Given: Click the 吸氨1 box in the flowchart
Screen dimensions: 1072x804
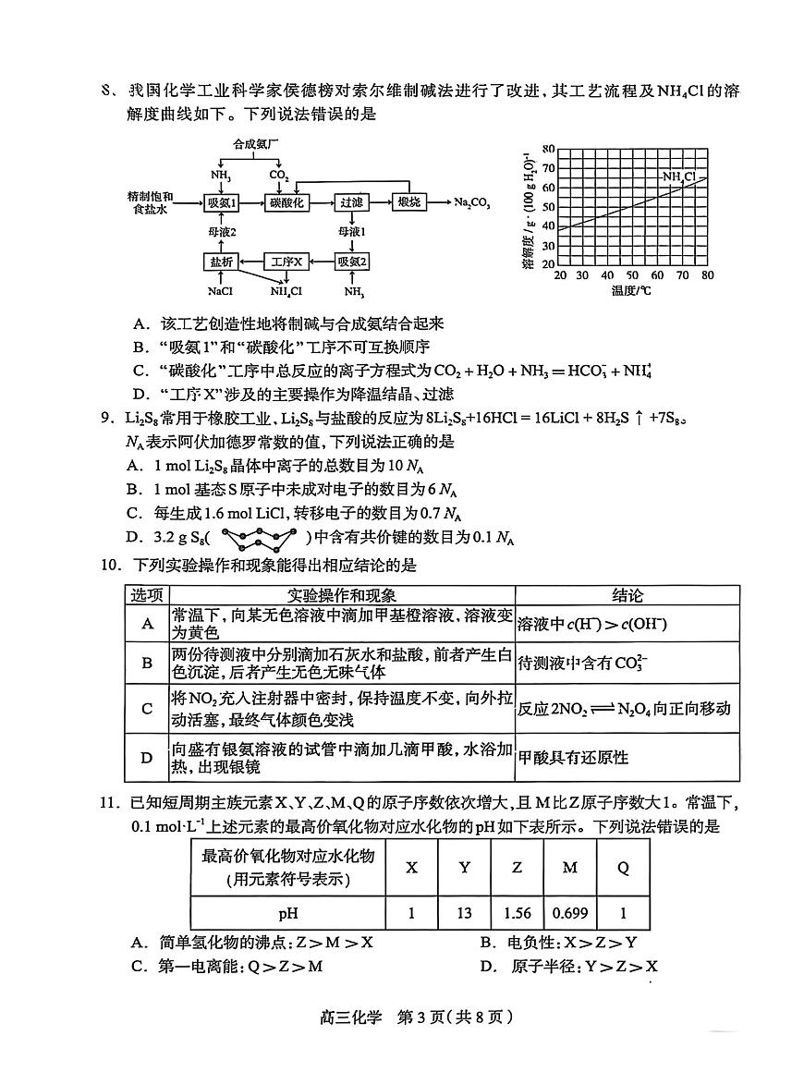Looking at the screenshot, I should click(x=221, y=202).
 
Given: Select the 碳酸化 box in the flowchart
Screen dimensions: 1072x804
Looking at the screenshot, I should click(x=286, y=202).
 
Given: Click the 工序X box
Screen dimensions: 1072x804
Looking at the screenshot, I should click(x=286, y=262).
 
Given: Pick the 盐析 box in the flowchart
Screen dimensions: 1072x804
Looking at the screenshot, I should click(x=221, y=262).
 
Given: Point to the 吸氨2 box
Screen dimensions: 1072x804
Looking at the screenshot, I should click(x=353, y=262).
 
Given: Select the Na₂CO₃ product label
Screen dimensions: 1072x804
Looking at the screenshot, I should click(x=471, y=202).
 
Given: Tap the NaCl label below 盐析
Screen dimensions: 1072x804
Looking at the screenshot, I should click(x=220, y=292).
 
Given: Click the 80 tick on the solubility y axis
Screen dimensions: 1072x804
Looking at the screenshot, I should click(x=548, y=149).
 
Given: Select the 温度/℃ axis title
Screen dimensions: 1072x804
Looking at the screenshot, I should click(x=632, y=291).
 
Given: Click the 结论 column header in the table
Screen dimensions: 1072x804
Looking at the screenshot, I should click(x=627, y=595).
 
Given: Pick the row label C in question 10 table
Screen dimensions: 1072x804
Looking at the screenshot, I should click(x=147, y=709).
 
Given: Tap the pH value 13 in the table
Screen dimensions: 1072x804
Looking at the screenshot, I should click(x=464, y=913).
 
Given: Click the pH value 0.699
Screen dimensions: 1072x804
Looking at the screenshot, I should click(x=569, y=913).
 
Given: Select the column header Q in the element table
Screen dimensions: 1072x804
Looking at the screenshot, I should click(x=623, y=867).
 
